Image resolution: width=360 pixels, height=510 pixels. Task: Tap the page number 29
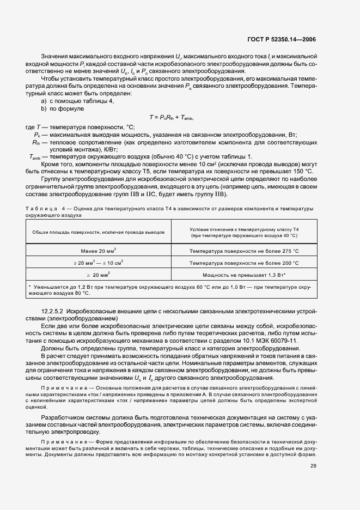(313, 466)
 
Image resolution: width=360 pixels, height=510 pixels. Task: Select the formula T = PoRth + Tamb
(172, 118)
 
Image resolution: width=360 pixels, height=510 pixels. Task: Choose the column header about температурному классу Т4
(244, 232)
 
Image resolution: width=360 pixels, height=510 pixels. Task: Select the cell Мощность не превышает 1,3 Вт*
(244, 275)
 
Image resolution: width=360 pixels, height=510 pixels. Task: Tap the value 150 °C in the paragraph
(302, 179)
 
